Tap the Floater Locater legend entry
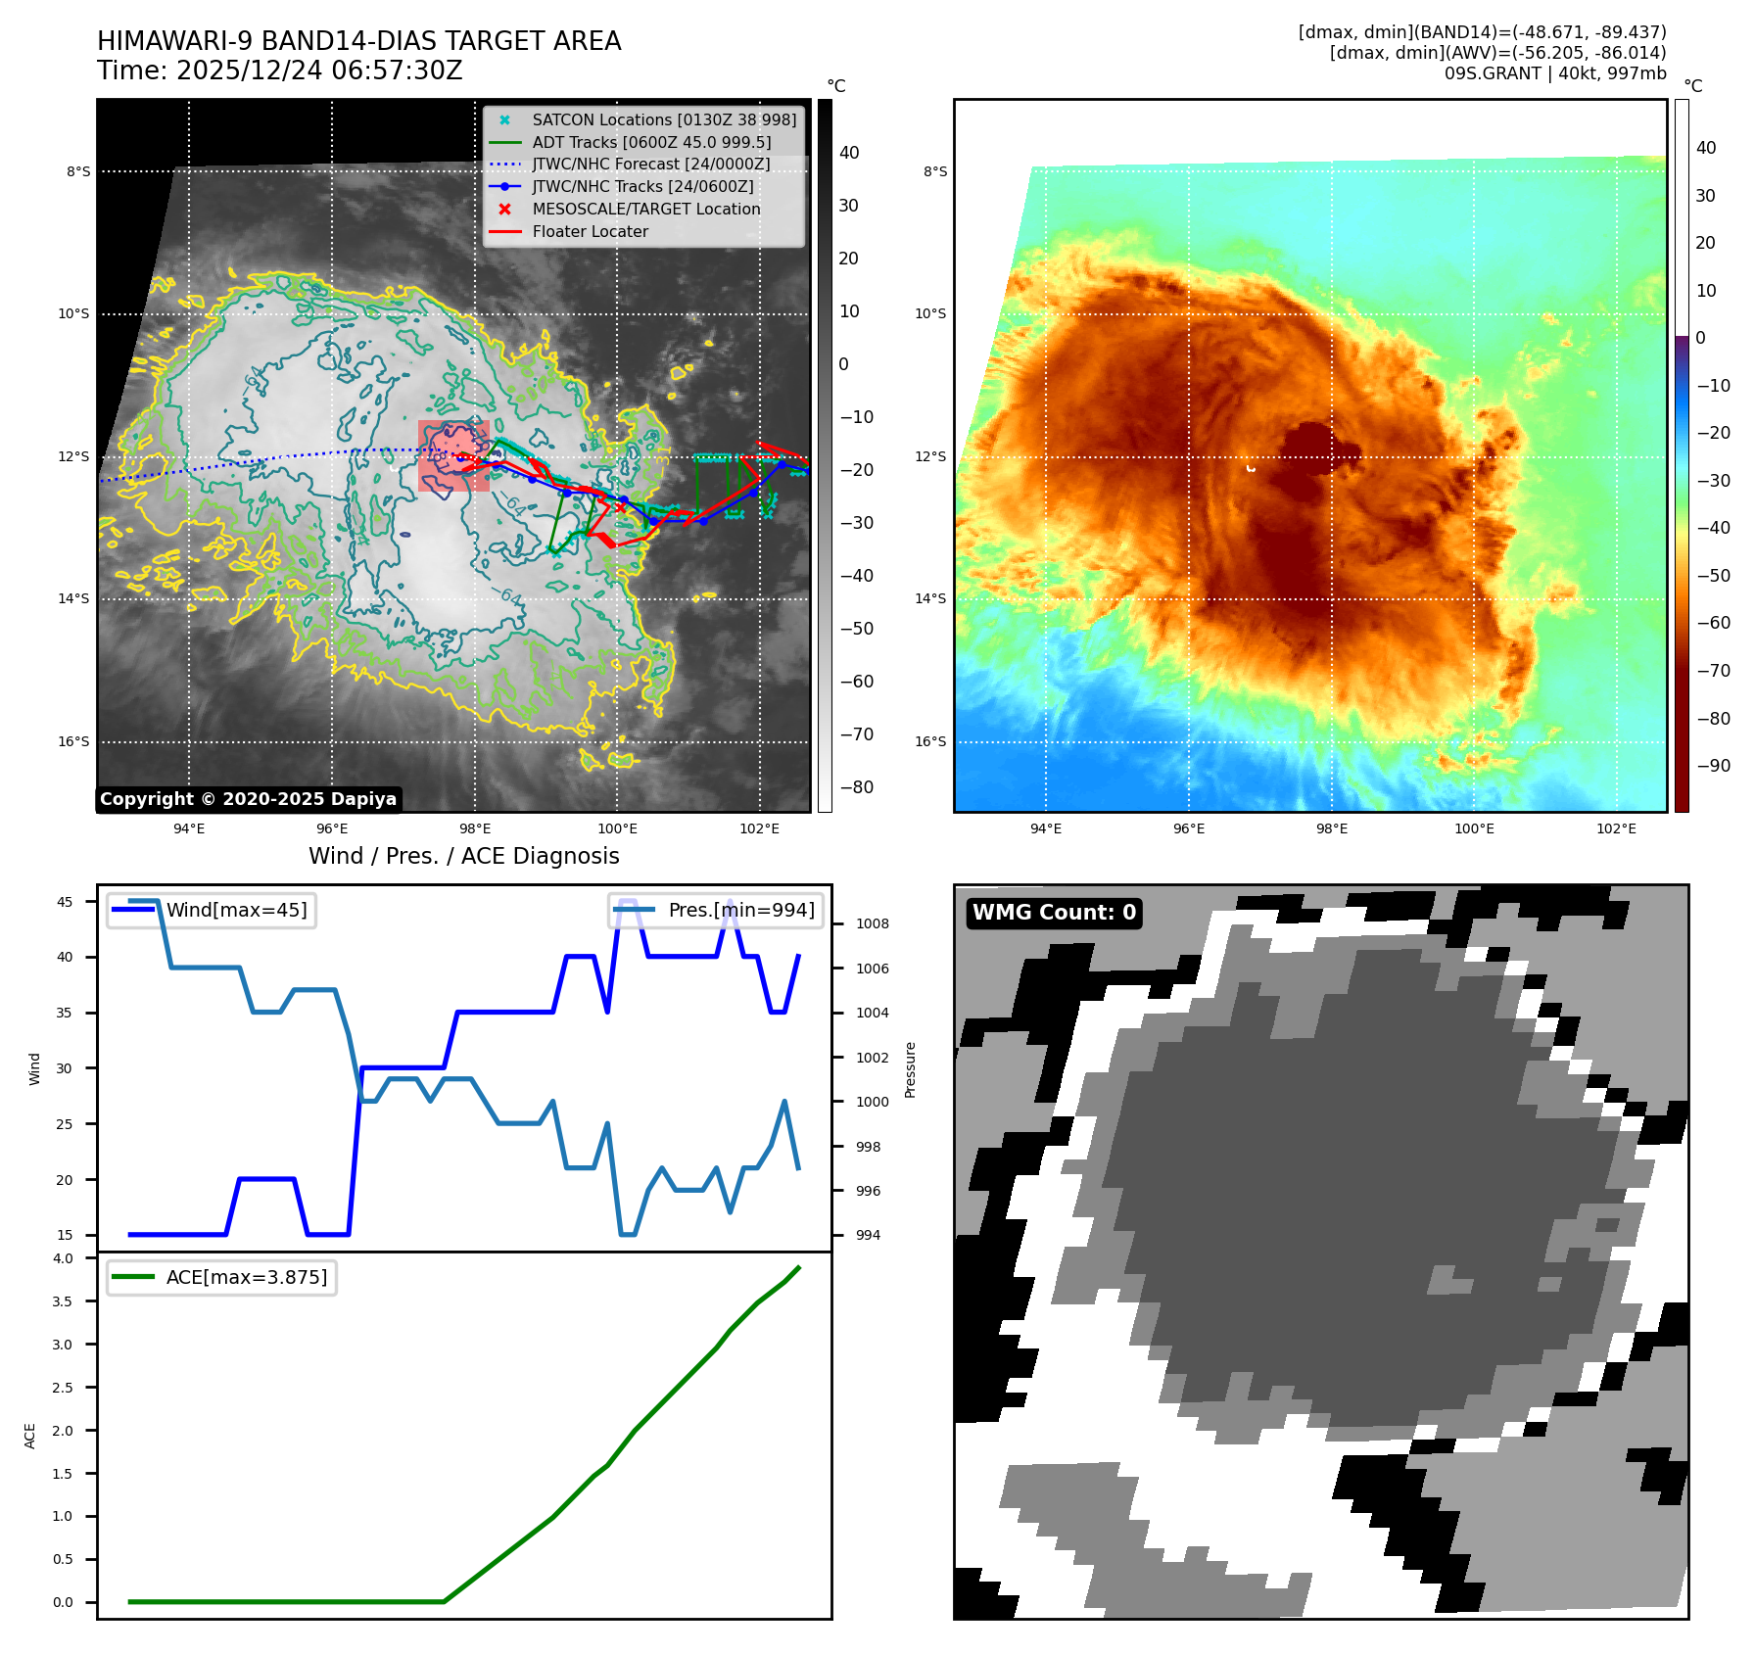(590, 231)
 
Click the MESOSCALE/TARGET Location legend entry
(645, 209)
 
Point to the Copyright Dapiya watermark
(248, 799)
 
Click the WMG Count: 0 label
(1054, 913)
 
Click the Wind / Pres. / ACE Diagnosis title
(463, 856)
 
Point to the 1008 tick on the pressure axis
(872, 923)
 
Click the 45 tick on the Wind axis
(65, 902)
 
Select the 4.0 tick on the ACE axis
(63, 1258)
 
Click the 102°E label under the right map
(1616, 828)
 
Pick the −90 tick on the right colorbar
(1713, 766)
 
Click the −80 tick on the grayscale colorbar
(856, 787)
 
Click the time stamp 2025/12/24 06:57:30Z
(319, 71)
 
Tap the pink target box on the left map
(452, 455)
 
